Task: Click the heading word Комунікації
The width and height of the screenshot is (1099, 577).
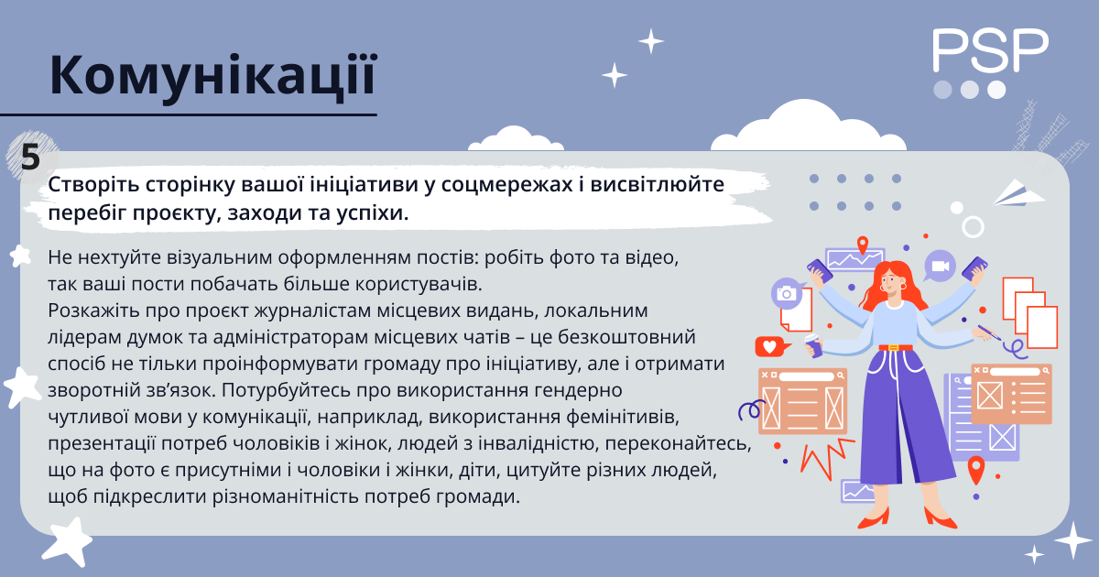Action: [x=212, y=77]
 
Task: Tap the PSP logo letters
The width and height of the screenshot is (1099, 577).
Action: [x=990, y=50]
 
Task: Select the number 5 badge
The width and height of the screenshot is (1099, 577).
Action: [x=31, y=158]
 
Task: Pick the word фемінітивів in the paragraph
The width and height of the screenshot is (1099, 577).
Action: [x=623, y=417]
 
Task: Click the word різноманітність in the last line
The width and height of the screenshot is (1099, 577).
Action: [x=285, y=496]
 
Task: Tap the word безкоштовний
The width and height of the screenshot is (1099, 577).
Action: [x=626, y=337]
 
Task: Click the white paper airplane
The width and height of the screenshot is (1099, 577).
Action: [x=1018, y=194]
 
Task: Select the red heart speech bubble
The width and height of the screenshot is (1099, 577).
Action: [x=771, y=347]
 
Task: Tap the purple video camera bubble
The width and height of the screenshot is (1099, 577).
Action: [x=940, y=266]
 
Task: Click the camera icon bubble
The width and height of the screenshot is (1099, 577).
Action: [x=787, y=293]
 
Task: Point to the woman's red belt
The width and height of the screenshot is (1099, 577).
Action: [x=896, y=348]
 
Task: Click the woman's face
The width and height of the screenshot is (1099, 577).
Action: [x=889, y=283]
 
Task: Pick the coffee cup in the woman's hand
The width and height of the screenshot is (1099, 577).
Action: [x=813, y=345]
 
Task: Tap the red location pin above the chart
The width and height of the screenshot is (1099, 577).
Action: [x=862, y=245]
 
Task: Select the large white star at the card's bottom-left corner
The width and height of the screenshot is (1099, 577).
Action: [x=67, y=541]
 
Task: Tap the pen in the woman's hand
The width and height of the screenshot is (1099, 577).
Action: [x=989, y=332]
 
